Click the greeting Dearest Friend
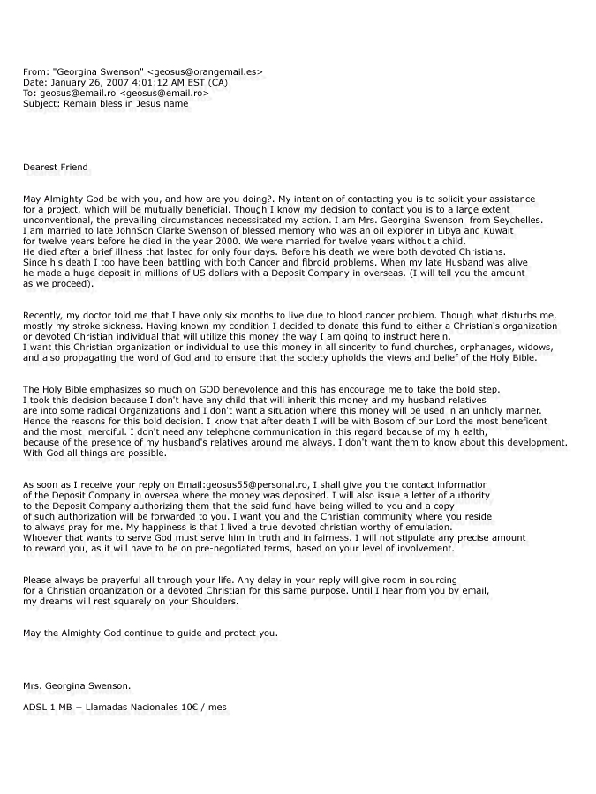56,167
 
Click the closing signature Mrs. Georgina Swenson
79,685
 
